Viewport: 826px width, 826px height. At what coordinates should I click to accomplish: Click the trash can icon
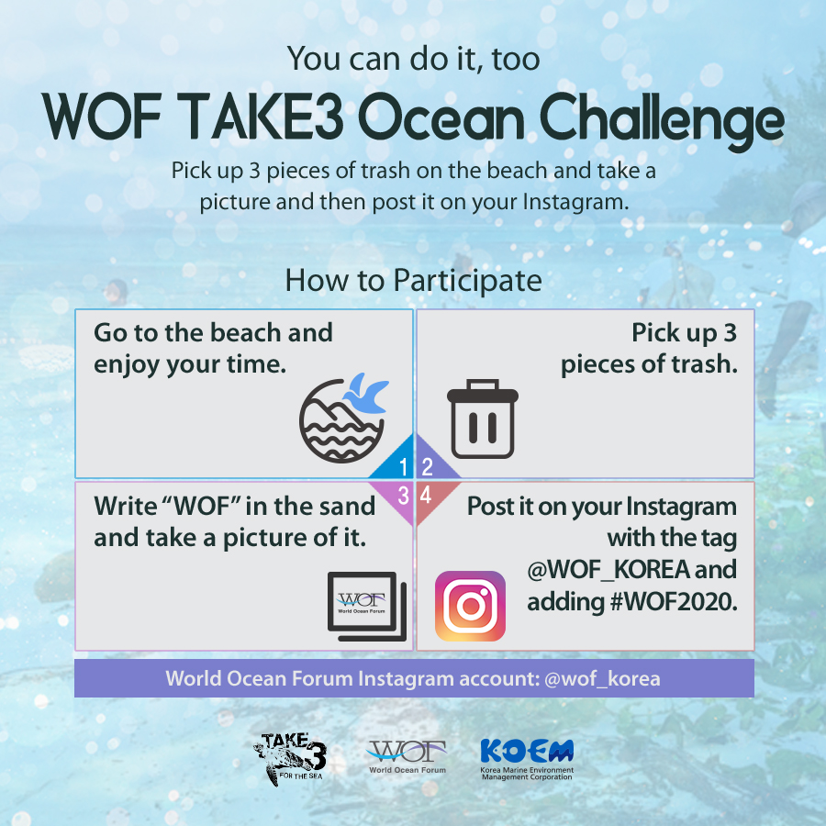pyautogui.click(x=483, y=419)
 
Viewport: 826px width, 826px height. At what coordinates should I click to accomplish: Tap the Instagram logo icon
pyautogui.click(x=470, y=606)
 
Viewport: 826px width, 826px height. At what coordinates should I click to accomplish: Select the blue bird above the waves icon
pyautogui.click(x=366, y=394)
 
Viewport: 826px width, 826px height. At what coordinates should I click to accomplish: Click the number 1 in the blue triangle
pyautogui.click(x=403, y=467)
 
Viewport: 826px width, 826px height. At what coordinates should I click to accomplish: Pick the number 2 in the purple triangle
pyautogui.click(x=427, y=467)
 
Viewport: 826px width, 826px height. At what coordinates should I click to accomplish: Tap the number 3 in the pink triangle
pyautogui.click(x=404, y=496)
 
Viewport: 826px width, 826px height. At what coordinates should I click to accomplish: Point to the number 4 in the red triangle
pyautogui.click(x=426, y=496)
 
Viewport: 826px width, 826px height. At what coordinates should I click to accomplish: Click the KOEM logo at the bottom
pyautogui.click(x=527, y=759)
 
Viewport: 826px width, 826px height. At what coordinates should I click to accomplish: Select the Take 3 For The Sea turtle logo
pyautogui.click(x=290, y=758)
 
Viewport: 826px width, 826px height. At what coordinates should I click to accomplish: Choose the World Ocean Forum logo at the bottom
pyautogui.click(x=407, y=757)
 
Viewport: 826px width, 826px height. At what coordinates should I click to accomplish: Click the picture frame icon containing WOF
pyautogui.click(x=366, y=606)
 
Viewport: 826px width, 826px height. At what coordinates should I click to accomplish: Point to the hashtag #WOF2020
pyautogui.click(x=674, y=601)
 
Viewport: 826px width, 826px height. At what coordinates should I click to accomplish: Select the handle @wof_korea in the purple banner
pyautogui.click(x=602, y=678)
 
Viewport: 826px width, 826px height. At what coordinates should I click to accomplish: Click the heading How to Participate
pyautogui.click(x=414, y=281)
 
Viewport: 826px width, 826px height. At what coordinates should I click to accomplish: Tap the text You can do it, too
pyautogui.click(x=414, y=59)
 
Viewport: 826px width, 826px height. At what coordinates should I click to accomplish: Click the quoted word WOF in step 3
pyautogui.click(x=202, y=507)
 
